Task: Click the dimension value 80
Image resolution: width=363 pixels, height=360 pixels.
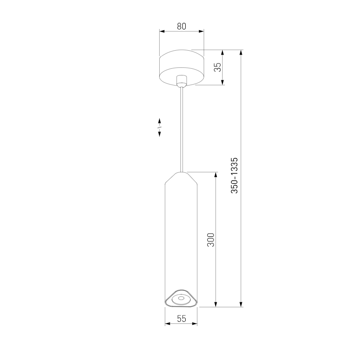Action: pyautogui.click(x=182, y=26)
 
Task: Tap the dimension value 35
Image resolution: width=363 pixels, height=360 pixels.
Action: pyautogui.click(x=218, y=67)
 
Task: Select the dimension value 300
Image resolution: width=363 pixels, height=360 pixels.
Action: pyautogui.click(x=211, y=240)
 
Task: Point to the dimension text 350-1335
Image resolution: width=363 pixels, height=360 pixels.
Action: pyautogui.click(x=234, y=175)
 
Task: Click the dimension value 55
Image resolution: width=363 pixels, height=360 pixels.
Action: pyautogui.click(x=182, y=319)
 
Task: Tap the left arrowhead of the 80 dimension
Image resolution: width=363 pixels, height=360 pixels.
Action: pyautogui.click(x=162, y=31)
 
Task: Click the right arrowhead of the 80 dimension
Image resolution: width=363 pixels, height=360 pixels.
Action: pyautogui.click(x=202, y=31)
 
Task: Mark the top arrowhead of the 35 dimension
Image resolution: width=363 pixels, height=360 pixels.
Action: pyautogui.click(x=222, y=52)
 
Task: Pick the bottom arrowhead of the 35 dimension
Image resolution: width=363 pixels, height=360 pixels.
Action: pyautogui.click(x=222, y=82)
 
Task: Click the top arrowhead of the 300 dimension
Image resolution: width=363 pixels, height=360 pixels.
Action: pyautogui.click(x=216, y=174)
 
